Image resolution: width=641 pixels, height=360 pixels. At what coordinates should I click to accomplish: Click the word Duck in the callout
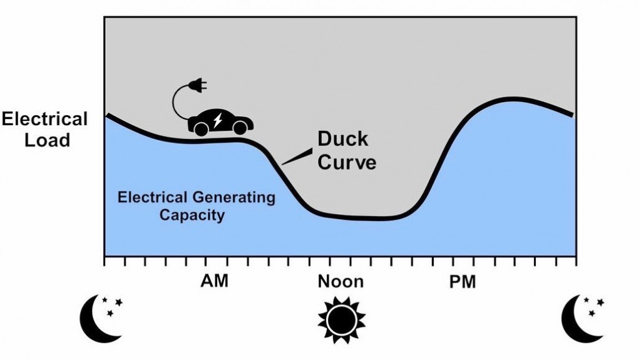pyautogui.click(x=342, y=139)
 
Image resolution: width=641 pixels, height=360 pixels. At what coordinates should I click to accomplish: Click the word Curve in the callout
pyautogui.click(x=347, y=162)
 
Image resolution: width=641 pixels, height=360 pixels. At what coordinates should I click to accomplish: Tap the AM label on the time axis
pyautogui.click(x=214, y=282)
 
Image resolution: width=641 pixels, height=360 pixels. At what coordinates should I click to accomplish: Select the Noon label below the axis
pyautogui.click(x=341, y=282)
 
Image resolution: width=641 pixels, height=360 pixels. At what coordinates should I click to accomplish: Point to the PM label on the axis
pyautogui.click(x=463, y=282)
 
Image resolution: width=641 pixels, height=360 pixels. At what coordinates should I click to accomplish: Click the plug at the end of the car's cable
pyautogui.click(x=198, y=85)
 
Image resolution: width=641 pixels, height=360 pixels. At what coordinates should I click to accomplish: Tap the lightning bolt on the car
pyautogui.click(x=218, y=120)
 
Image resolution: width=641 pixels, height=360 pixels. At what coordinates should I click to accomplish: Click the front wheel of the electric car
pyautogui.click(x=240, y=128)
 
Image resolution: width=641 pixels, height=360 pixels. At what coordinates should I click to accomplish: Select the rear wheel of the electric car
pyautogui.click(x=201, y=129)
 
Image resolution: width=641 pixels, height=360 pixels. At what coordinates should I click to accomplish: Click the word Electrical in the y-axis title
pyautogui.click(x=44, y=119)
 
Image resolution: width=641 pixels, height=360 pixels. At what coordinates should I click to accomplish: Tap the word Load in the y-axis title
pyautogui.click(x=47, y=140)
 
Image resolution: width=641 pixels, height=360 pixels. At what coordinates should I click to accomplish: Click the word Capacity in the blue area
pyautogui.click(x=192, y=215)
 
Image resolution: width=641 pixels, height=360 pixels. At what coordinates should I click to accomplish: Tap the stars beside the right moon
pyautogui.click(x=594, y=307)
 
